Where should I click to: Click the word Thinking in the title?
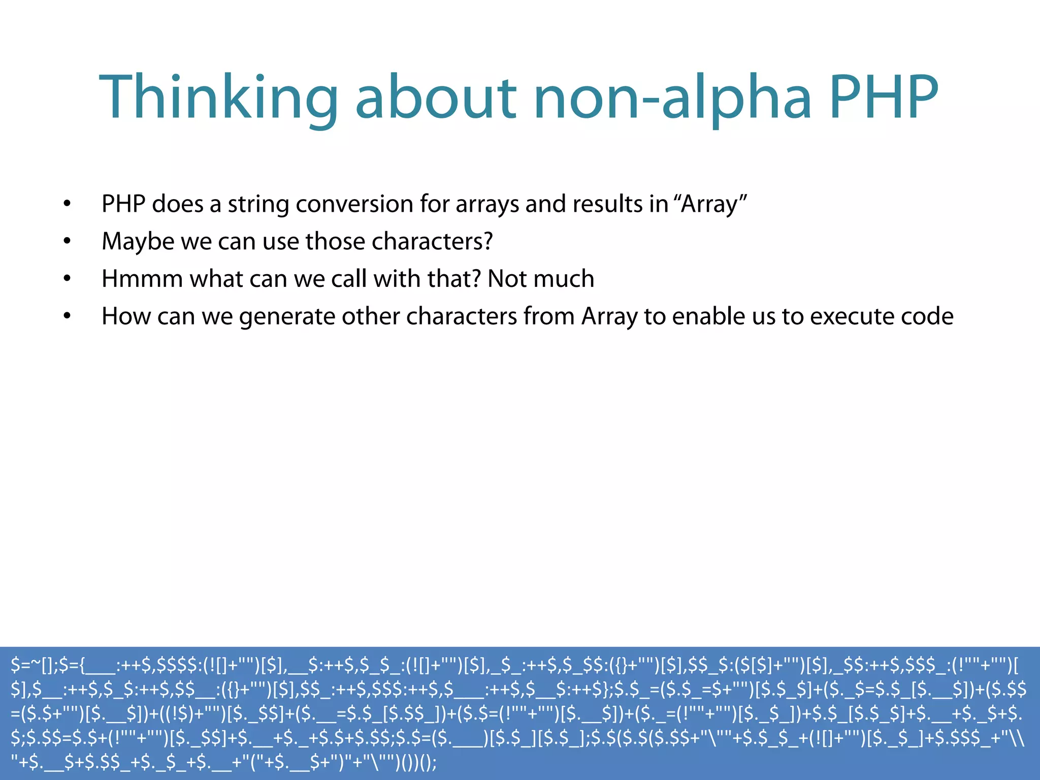click(218, 97)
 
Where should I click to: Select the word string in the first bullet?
click(258, 204)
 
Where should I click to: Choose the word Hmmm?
click(142, 279)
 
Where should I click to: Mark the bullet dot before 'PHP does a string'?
click(67, 204)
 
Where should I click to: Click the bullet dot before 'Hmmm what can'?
click(67, 279)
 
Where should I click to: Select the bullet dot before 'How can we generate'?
click(67, 316)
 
